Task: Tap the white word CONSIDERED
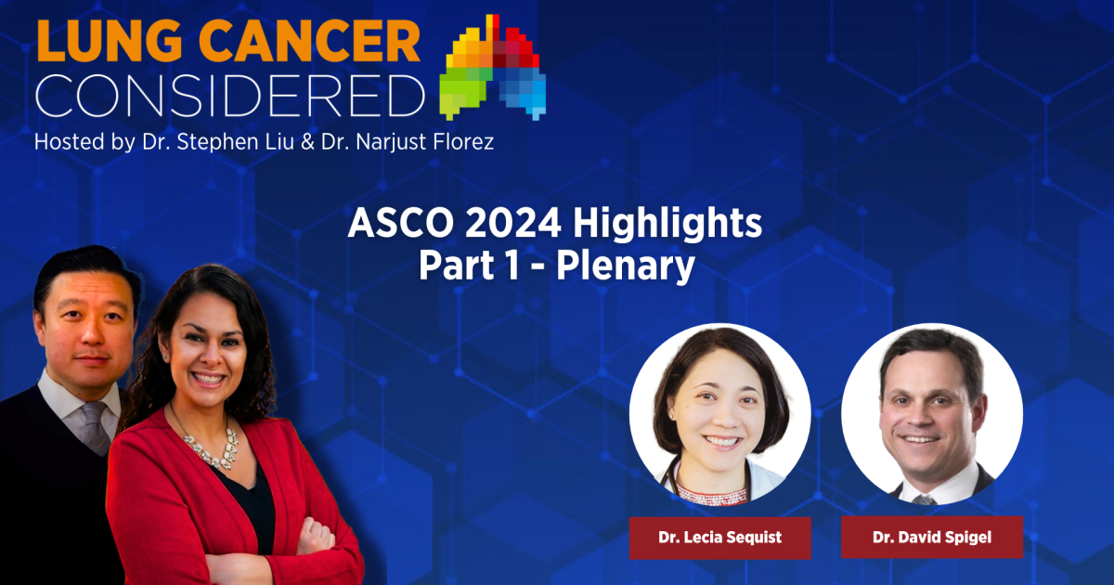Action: (x=230, y=96)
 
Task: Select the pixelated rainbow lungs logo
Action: (x=493, y=67)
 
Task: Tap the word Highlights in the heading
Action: (x=667, y=225)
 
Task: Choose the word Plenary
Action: (x=625, y=266)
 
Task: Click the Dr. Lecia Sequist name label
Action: (x=719, y=538)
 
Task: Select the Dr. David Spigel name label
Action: (x=932, y=538)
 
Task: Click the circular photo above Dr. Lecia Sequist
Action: (x=720, y=414)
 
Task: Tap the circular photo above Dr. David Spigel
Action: (x=932, y=414)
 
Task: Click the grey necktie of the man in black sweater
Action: (x=97, y=428)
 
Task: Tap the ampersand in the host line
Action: (x=308, y=142)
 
